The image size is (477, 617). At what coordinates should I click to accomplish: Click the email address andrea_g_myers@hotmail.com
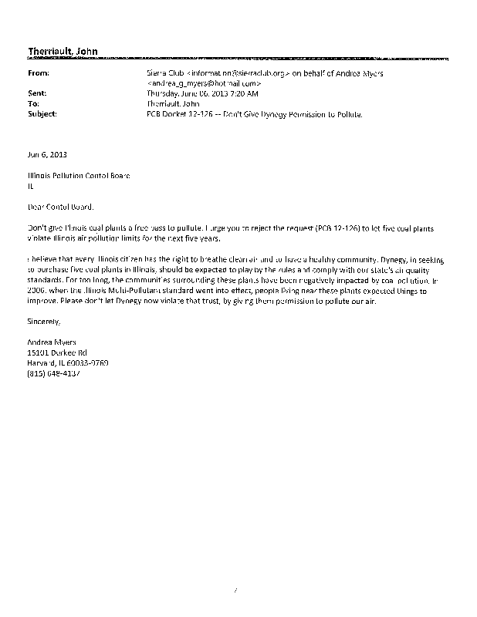pos(205,83)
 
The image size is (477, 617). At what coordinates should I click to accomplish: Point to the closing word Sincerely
pos(43,320)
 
